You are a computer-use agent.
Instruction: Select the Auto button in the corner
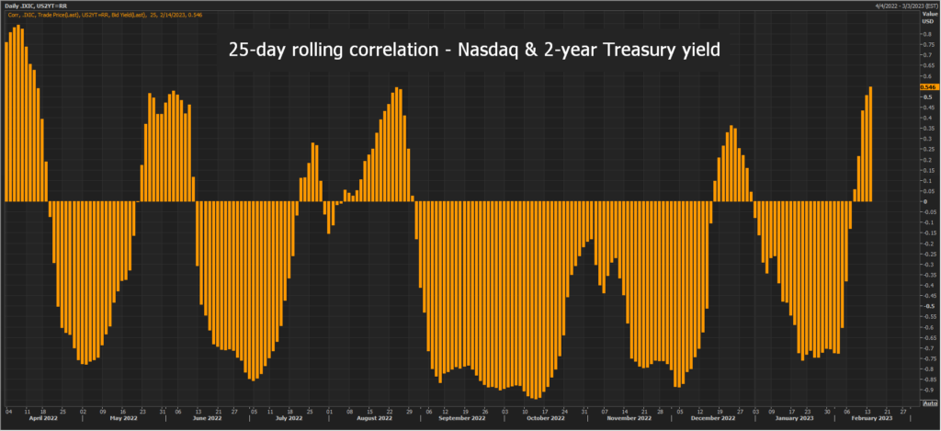(929, 403)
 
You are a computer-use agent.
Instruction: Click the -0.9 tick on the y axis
(926, 390)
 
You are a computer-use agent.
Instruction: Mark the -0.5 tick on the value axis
(926, 306)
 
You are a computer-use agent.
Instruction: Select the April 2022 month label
(44, 418)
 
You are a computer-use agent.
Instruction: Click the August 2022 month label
(373, 418)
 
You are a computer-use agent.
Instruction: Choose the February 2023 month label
(871, 418)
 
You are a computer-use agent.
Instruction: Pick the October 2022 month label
(544, 418)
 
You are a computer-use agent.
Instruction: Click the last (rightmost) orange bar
(870, 143)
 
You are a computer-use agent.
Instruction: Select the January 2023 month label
(794, 418)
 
